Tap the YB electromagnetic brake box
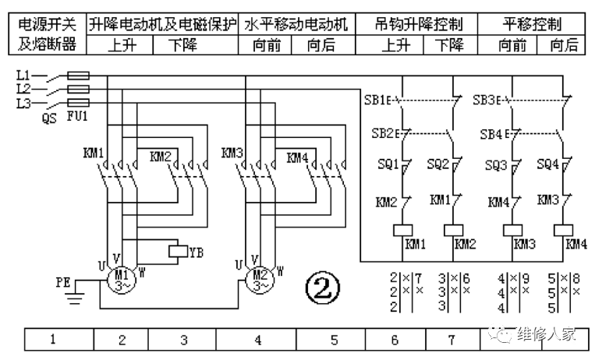click(179, 251)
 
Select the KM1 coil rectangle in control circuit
click(402, 231)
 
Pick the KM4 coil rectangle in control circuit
click(563, 231)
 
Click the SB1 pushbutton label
click(376, 101)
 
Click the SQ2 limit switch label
click(437, 164)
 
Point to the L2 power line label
click(23, 90)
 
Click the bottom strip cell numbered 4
click(258, 340)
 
